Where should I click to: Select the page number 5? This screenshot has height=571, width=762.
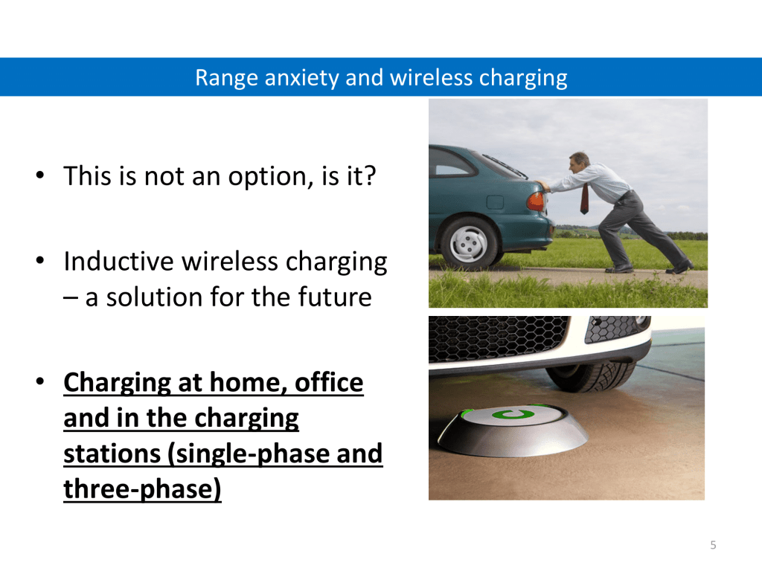coord(713,545)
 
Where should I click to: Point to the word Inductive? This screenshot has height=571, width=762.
coord(119,261)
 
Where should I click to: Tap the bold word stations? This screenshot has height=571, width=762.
coord(112,454)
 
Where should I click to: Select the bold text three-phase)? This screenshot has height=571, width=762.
coord(142,489)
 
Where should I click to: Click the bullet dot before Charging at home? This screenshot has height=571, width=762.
coord(40,381)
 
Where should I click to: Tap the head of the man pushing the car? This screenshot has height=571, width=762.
coord(579,163)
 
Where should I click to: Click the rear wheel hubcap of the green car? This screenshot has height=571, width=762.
coord(469,243)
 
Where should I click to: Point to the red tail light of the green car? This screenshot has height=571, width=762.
coord(536,201)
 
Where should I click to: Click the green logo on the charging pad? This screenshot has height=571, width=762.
coord(513,415)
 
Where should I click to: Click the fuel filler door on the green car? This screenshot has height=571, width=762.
coord(495,202)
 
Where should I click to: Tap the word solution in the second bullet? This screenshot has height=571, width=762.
coord(155,297)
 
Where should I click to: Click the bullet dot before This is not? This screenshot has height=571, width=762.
coord(40,175)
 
